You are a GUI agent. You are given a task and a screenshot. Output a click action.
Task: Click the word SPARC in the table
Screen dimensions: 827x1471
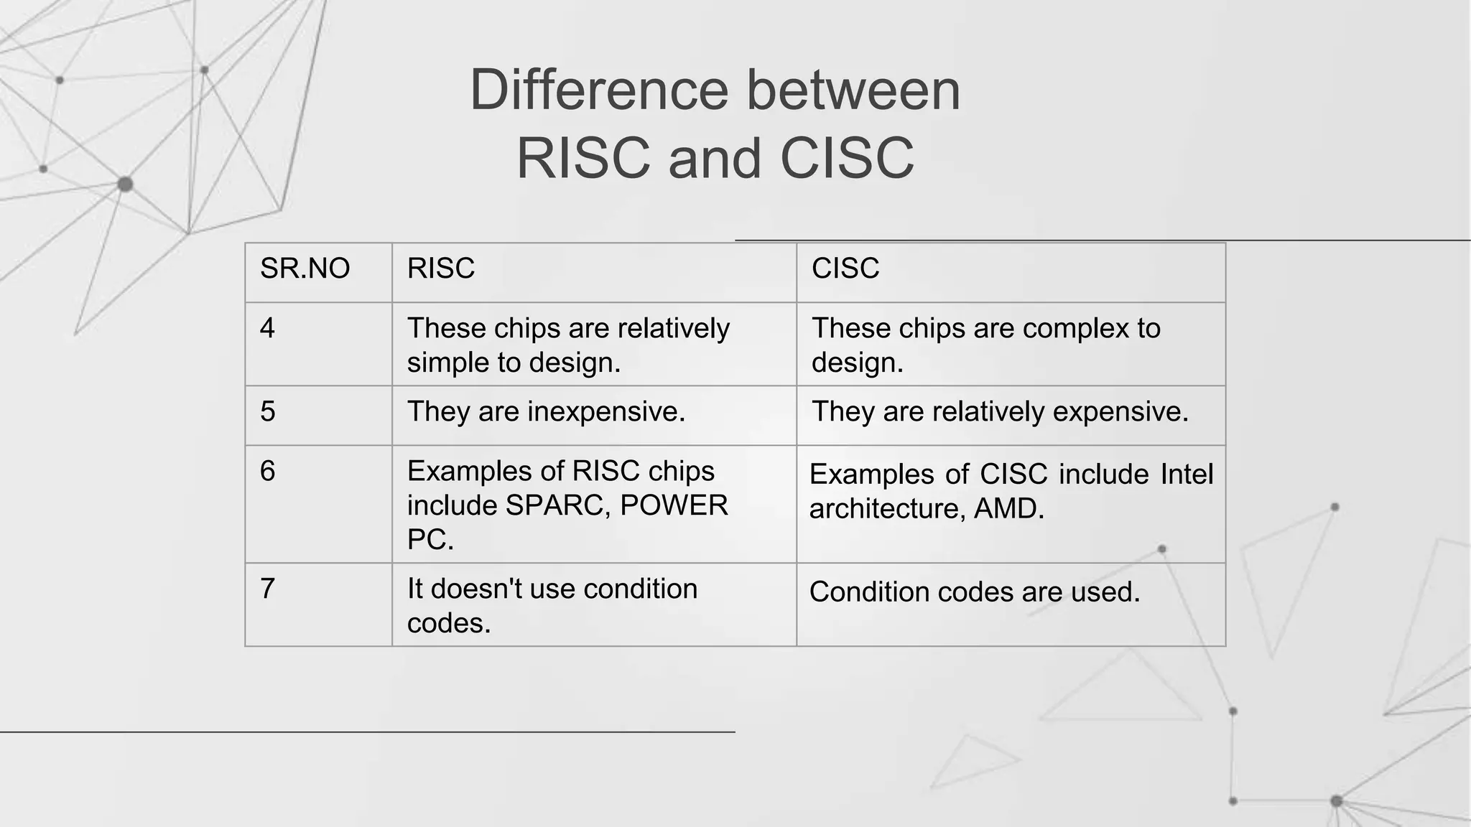click(558, 506)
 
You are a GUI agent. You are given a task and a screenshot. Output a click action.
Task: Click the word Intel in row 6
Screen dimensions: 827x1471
click(1186, 475)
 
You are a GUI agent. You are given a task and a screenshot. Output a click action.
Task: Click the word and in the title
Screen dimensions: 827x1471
click(715, 159)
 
